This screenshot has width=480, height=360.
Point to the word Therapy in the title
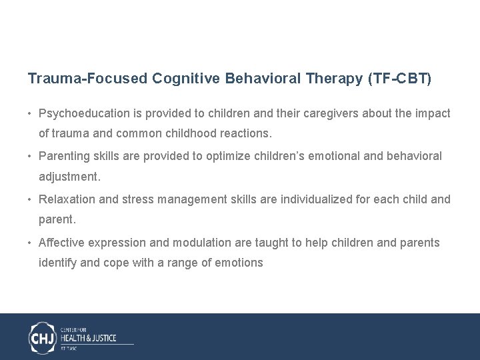(x=334, y=79)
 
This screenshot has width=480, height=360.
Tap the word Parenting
(x=63, y=156)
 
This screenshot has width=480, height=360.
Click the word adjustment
(x=69, y=177)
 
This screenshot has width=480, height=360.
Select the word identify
(x=58, y=263)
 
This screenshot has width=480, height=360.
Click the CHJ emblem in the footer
(x=43, y=337)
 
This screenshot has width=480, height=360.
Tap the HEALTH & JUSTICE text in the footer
(x=89, y=338)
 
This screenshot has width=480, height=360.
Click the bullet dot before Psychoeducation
(x=31, y=114)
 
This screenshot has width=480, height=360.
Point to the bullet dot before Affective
(x=31, y=243)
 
